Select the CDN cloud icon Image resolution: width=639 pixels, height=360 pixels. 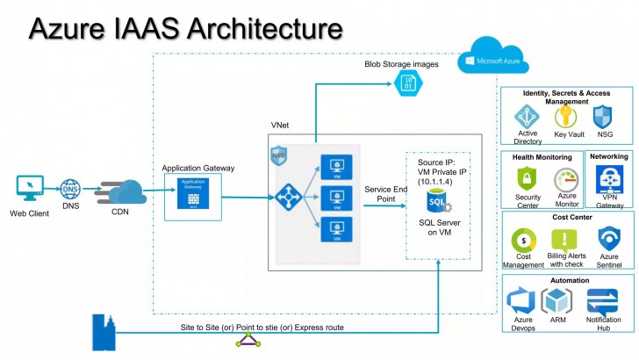click(122, 191)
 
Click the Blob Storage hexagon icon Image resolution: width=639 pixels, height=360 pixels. click(407, 83)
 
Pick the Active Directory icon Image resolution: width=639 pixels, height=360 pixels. click(527, 117)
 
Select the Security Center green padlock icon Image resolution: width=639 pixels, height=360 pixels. click(528, 179)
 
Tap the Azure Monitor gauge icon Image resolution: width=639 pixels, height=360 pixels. click(565, 181)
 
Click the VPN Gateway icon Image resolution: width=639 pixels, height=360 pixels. click(609, 179)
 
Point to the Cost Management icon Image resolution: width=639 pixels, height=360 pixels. click(523, 240)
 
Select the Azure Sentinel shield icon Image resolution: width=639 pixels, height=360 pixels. click(608, 238)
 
